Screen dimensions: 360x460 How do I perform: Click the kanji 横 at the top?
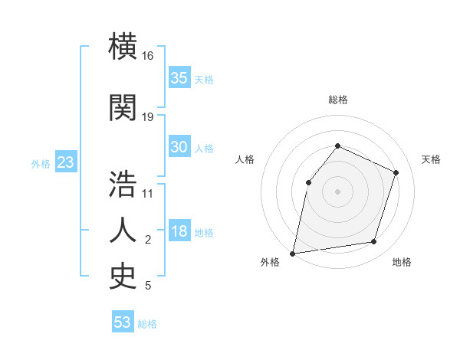(x=123, y=47)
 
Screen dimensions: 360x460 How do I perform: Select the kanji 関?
(x=123, y=108)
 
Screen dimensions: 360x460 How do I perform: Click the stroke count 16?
(x=148, y=56)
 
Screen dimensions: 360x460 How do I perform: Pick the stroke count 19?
(x=148, y=116)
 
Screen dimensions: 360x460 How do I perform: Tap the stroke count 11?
(x=148, y=193)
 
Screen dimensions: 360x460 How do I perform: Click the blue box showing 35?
(x=179, y=78)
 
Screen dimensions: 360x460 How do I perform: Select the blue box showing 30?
(x=179, y=147)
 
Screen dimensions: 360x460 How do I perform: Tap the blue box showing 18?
(x=179, y=232)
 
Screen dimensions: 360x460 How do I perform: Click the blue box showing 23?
(x=65, y=162)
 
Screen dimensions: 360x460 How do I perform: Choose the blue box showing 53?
(x=122, y=322)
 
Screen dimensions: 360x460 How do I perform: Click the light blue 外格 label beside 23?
(x=41, y=163)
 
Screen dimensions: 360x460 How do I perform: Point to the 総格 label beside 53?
(x=147, y=324)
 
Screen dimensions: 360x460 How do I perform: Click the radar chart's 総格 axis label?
(x=337, y=100)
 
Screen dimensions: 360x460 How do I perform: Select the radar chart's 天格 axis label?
(x=432, y=159)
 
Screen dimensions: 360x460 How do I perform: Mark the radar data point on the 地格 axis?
(x=374, y=242)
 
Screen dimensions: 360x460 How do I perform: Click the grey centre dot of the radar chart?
(x=337, y=191)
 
